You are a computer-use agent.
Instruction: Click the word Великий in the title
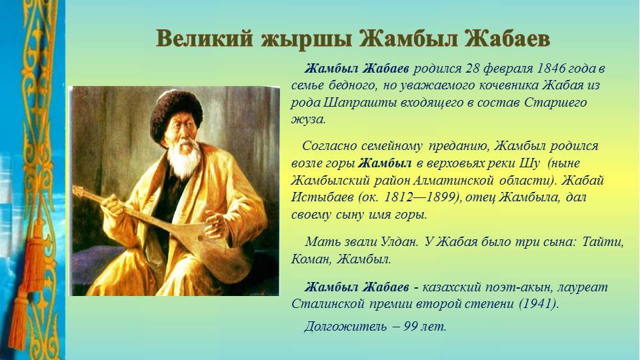[x=205, y=39]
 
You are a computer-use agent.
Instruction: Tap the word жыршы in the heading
[x=306, y=40]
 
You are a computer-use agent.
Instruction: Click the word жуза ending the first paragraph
[x=308, y=119]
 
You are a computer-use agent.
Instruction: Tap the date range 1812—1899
[x=419, y=197]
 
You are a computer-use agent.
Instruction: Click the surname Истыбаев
[x=323, y=197]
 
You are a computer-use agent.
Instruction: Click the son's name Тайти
[x=603, y=241]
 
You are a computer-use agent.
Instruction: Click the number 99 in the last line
[x=411, y=327]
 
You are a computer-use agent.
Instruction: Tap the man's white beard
[x=185, y=159]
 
